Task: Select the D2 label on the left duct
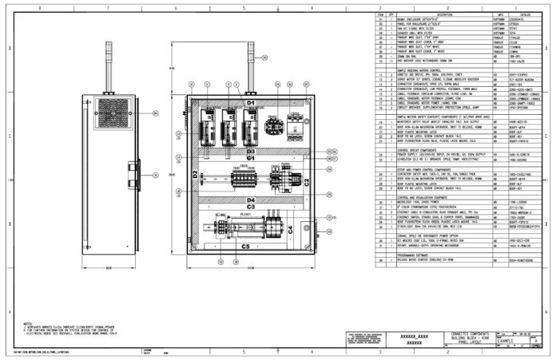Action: pyautogui.click(x=194, y=172)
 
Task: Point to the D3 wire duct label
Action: pyautogui.click(x=250, y=151)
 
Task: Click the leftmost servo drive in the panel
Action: pyautogui.click(x=210, y=125)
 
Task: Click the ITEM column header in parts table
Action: pyautogui.click(x=381, y=14)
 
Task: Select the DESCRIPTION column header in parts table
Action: pyautogui.click(x=444, y=14)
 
